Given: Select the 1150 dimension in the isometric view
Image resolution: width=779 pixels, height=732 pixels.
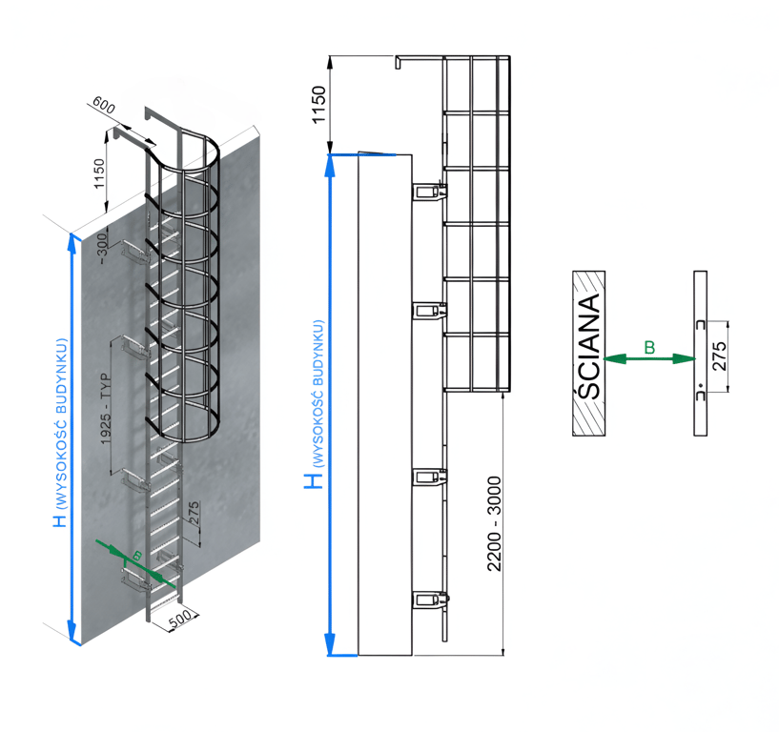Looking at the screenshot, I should click(98, 173).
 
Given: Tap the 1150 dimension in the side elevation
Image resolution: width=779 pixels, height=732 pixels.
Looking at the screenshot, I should click(319, 104).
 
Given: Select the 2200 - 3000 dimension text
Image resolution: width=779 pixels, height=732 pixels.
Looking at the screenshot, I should click(494, 522).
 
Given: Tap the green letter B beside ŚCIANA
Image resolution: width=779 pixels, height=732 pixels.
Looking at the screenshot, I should click(649, 348).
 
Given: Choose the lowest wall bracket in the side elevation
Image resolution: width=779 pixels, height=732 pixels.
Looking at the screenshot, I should click(431, 600).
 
